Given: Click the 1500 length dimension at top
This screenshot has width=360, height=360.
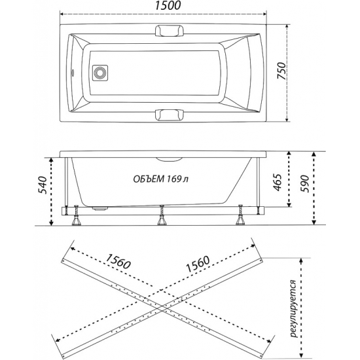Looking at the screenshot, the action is [168, 5].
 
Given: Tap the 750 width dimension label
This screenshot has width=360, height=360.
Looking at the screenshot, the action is [281, 71].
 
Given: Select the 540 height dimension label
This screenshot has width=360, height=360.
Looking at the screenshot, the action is [43, 185].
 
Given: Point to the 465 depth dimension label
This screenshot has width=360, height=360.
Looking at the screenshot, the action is [278, 183].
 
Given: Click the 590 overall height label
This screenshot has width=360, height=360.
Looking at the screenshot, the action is [306, 184].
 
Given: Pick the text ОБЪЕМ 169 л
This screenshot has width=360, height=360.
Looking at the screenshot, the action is [161, 179].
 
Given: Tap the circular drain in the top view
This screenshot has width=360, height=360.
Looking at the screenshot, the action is [100, 73].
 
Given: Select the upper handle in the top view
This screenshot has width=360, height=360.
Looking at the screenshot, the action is [170, 31].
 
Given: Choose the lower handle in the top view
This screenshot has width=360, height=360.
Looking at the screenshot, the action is [170, 115].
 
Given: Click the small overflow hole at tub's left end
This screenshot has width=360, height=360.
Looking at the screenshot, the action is [73, 73].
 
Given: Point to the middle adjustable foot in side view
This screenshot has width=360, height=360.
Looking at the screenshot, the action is [162, 215].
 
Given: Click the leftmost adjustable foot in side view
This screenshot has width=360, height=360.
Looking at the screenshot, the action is [76, 215].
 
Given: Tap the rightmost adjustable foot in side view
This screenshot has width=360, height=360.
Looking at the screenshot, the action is [241, 215].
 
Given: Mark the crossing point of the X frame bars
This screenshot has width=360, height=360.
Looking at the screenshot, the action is [162, 309].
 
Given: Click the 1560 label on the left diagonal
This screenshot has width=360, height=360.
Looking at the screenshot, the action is [118, 261].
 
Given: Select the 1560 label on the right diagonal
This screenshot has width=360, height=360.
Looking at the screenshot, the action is [198, 264].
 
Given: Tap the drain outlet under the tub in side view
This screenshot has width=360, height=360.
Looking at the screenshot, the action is [100, 208].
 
